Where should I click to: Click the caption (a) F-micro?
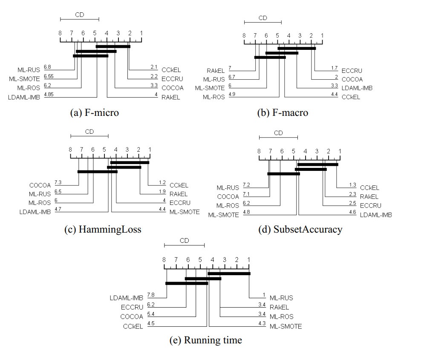click(94, 113)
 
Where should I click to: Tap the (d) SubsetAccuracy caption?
click(300, 229)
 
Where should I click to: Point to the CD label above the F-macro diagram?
click(263, 18)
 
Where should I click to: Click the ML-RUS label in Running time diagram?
click(281, 298)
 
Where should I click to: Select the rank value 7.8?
click(150, 295)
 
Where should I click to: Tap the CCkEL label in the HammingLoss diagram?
click(179, 185)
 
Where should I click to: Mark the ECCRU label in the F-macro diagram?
click(352, 71)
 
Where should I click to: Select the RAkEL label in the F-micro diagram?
click(171, 97)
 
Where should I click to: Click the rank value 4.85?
click(49, 94)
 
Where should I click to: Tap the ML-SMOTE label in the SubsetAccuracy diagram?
click(223, 215)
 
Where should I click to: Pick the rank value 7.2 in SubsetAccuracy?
click(246, 184)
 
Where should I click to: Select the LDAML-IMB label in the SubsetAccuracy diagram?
click(376, 215)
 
